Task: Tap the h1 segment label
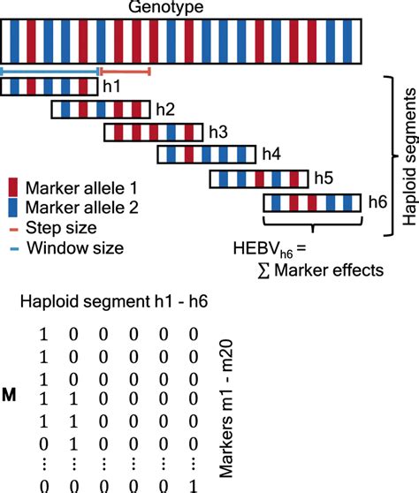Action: tap(111, 87)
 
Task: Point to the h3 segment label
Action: tap(217, 133)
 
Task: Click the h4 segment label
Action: tap(270, 155)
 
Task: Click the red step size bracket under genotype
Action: tap(126, 70)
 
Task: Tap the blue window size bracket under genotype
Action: tap(50, 70)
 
